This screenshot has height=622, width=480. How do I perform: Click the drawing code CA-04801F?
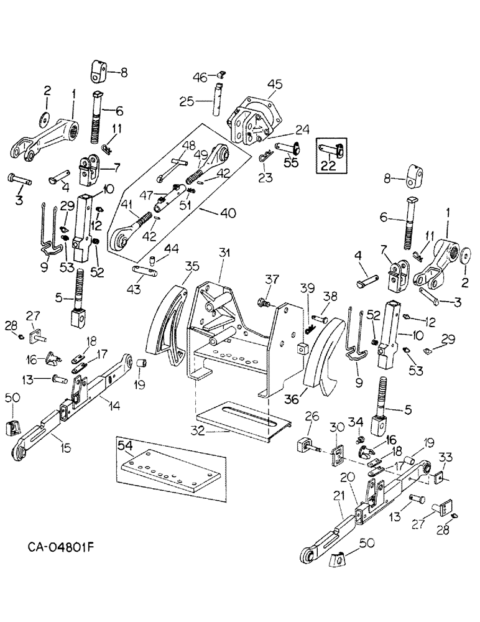tap(64, 547)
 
